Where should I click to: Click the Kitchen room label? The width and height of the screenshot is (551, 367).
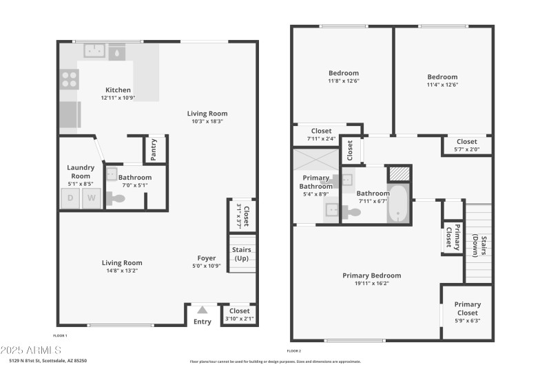click(118, 90)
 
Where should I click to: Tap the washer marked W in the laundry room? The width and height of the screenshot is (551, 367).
click(91, 199)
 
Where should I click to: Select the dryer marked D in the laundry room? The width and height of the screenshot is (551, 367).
click(70, 199)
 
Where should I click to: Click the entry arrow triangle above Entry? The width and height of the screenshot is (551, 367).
click(202, 310)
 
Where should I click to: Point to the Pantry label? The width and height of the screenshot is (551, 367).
click(154, 149)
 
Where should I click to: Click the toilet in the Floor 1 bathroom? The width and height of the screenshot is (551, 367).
click(118, 199)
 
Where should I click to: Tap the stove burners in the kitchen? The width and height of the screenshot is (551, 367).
click(69, 78)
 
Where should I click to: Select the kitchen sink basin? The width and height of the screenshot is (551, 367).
click(94, 50)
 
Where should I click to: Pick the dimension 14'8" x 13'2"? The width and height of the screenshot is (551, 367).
click(122, 271)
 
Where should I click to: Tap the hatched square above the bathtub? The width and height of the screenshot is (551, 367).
click(398, 174)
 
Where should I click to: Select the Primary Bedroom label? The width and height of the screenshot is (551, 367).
click(371, 275)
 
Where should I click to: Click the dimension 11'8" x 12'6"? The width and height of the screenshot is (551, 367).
click(343, 81)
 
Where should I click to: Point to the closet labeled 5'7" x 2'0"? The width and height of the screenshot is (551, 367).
click(466, 145)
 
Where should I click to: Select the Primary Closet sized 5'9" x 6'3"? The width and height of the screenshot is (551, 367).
click(467, 312)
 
